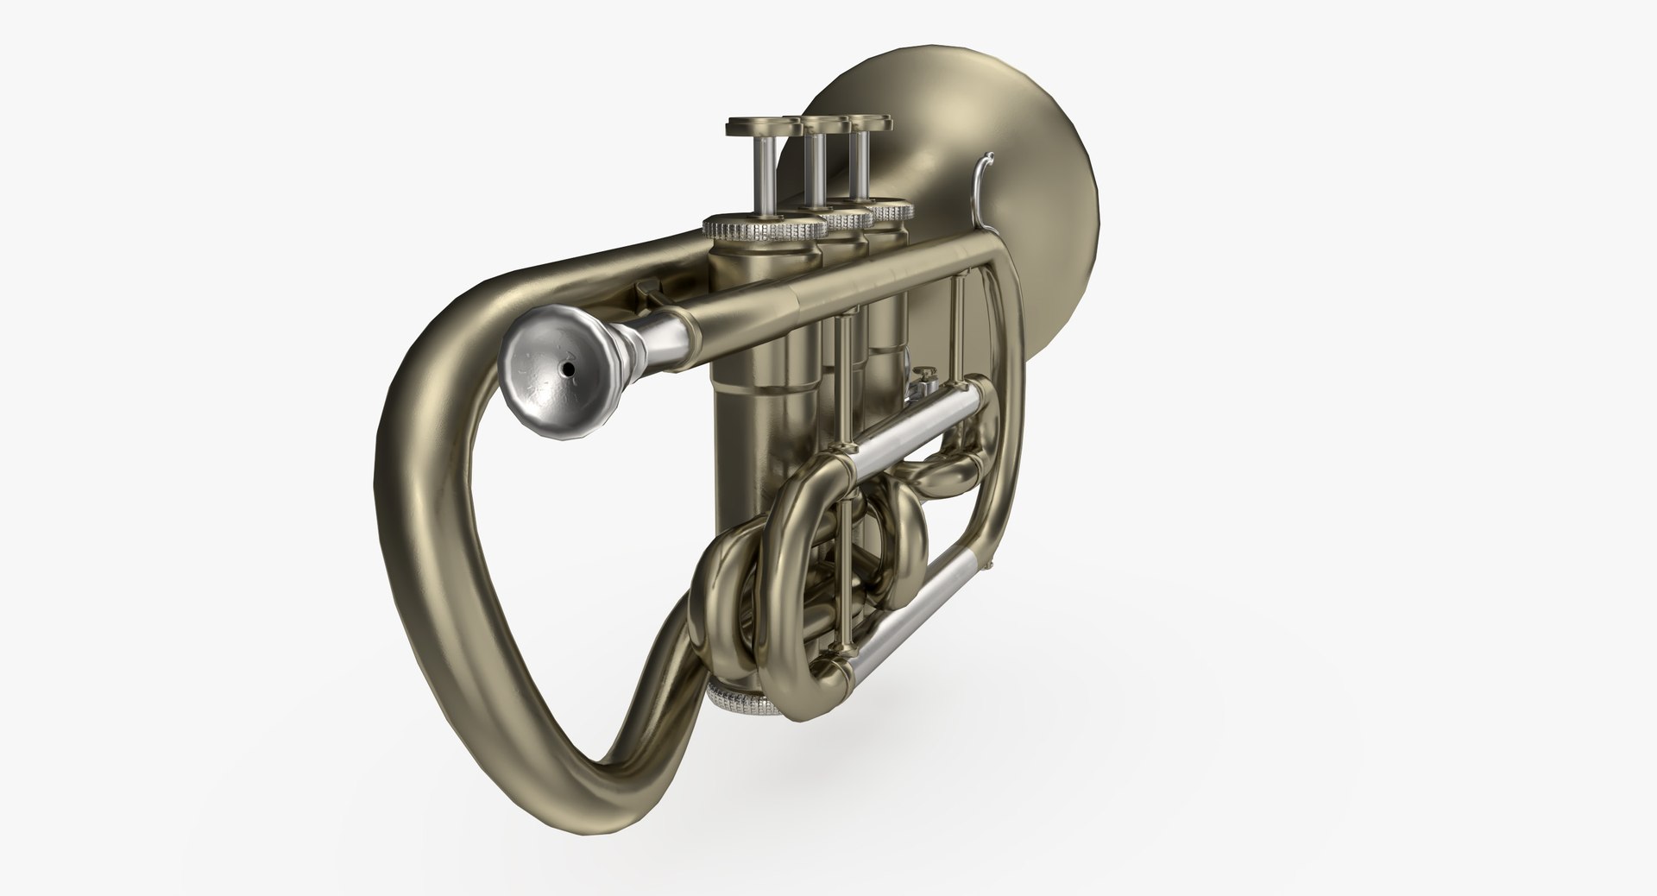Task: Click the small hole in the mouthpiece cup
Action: pyautogui.click(x=568, y=369)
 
